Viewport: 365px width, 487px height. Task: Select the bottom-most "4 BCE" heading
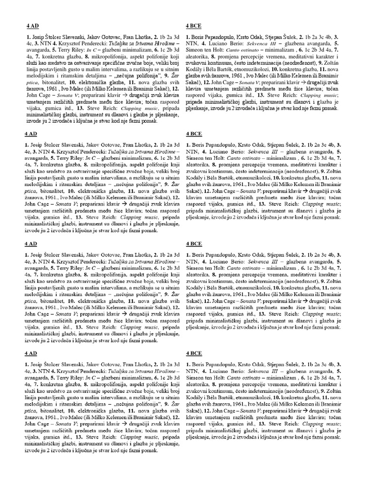194,353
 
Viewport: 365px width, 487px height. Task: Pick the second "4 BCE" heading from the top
194,134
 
